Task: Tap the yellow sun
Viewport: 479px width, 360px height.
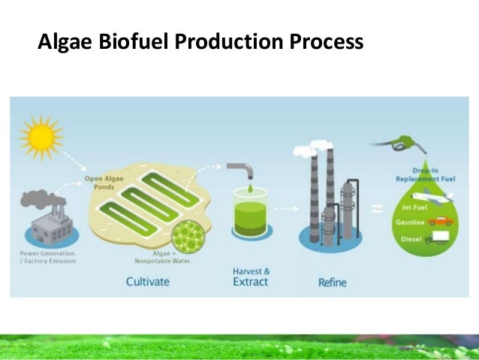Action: point(42,137)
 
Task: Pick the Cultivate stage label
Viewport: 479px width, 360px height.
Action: point(147,282)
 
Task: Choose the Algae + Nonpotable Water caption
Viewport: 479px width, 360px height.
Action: point(172,259)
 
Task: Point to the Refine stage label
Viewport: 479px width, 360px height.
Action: point(331,283)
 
